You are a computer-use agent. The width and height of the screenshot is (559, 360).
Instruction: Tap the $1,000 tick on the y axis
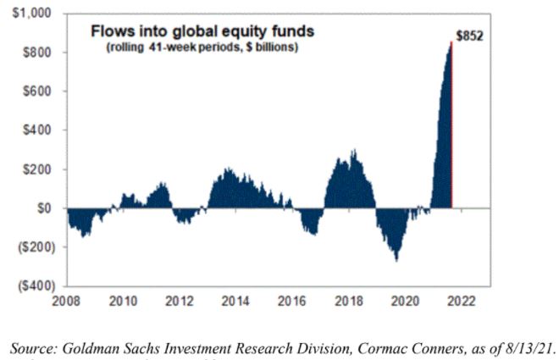32,14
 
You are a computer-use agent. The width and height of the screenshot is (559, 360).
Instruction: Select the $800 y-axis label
38,53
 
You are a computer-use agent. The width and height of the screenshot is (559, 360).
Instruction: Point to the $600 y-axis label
38,91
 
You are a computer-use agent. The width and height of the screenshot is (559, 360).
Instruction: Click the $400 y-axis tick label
38,130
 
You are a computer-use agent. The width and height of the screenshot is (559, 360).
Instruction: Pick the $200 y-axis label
38,169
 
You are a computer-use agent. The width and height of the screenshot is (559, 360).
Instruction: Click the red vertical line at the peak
451,127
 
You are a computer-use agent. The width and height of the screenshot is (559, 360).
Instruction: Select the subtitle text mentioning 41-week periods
202,48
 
